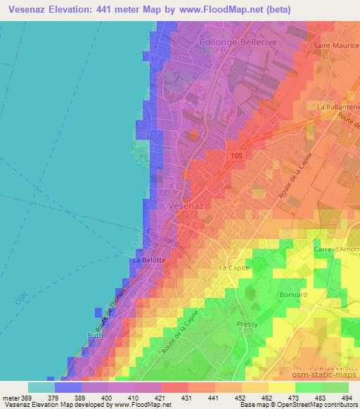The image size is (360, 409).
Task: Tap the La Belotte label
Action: pos(149,260)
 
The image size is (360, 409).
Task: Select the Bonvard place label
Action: pos(293,295)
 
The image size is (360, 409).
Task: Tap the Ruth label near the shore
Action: pos(95,335)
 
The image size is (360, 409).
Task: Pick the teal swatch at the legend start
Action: pos(41,387)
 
